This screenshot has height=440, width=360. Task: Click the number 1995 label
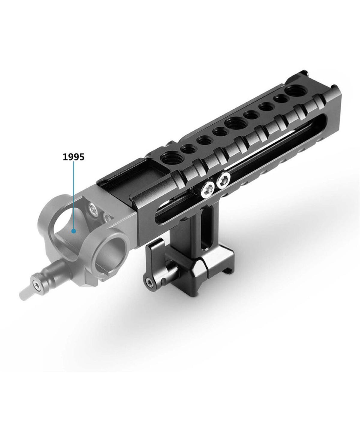[x=73, y=157]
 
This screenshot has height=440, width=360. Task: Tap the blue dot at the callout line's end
[x=73, y=231]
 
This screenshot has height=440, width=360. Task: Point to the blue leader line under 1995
[x=73, y=195]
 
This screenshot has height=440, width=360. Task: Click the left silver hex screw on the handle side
[x=208, y=188]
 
